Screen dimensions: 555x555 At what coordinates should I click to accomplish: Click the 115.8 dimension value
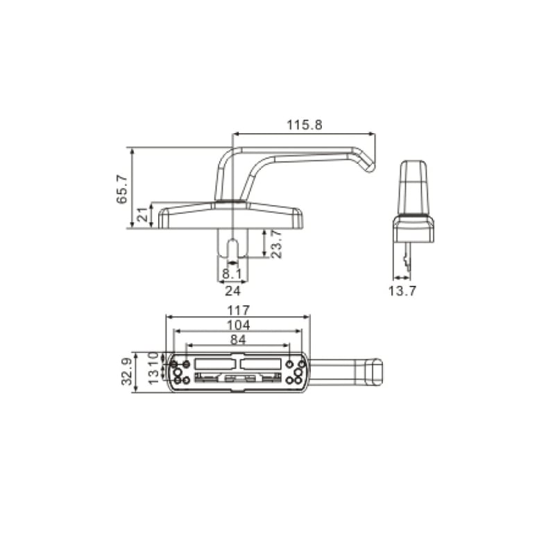click(x=305, y=125)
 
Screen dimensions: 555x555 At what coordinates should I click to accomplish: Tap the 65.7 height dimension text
click(x=122, y=189)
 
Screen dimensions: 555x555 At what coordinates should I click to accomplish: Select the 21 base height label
click(x=142, y=214)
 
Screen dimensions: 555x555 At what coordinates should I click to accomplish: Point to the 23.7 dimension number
click(x=276, y=244)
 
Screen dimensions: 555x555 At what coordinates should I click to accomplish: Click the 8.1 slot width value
click(x=232, y=273)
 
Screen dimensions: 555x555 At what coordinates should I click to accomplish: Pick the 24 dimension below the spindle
click(x=232, y=291)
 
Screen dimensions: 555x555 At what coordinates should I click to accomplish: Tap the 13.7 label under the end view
click(x=402, y=291)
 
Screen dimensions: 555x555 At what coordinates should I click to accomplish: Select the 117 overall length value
click(x=238, y=310)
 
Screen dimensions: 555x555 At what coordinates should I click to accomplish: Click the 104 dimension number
click(x=238, y=325)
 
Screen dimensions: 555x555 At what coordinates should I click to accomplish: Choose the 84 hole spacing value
click(x=238, y=339)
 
